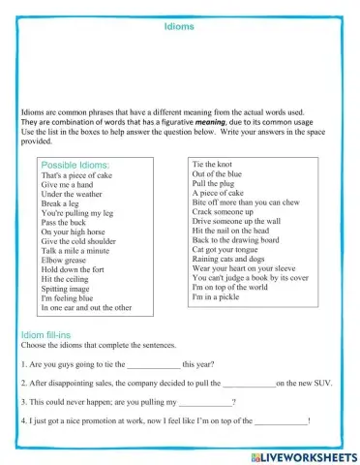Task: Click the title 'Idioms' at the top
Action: [x=179, y=27]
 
